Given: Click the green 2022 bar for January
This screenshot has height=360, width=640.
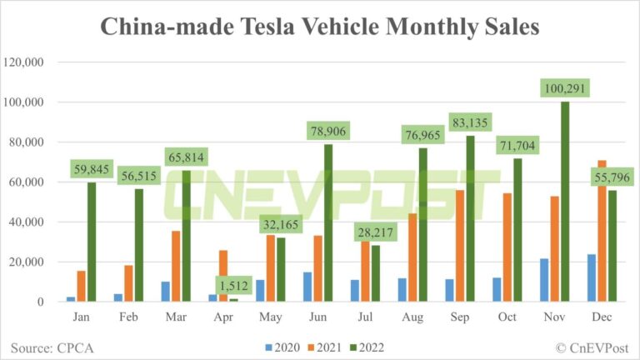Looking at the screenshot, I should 91,242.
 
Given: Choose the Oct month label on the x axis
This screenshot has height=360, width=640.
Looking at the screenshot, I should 507,317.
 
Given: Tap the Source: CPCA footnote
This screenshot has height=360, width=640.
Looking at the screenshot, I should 51,346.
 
